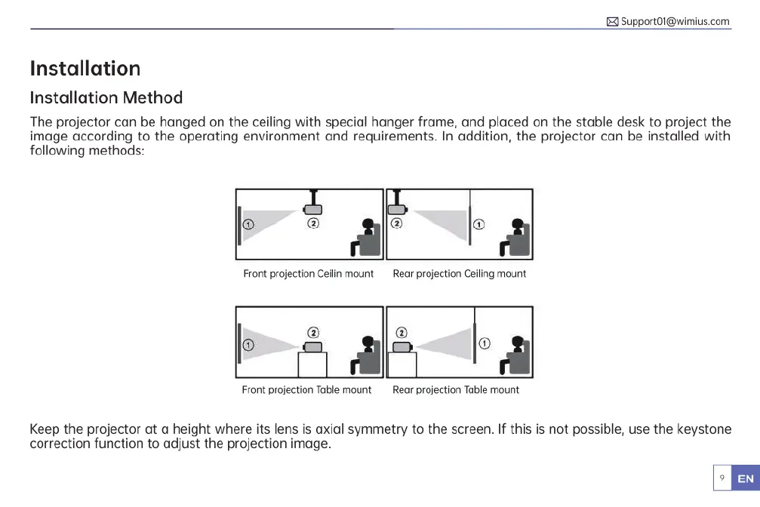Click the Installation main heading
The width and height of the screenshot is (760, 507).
pos(85,69)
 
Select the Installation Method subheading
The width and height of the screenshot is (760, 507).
pos(106,97)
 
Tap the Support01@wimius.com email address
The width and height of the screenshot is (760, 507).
pos(675,21)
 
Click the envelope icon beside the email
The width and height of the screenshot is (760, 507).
pos(613,22)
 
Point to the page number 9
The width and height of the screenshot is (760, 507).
pos(722,478)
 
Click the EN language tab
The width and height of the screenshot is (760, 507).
pos(745,478)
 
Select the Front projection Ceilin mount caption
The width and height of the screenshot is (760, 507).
pos(308,274)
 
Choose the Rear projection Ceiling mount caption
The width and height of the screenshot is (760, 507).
pos(459,274)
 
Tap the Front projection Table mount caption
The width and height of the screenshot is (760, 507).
pos(306,390)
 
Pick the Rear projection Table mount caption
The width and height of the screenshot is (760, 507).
pos(456,390)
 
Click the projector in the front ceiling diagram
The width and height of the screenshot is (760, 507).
pos(314,209)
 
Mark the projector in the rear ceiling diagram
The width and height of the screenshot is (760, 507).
pos(397,209)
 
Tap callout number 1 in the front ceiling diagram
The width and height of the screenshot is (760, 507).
pos(248,223)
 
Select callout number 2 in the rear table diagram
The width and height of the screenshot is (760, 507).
pos(402,333)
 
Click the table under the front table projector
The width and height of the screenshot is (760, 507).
pos(312,364)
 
